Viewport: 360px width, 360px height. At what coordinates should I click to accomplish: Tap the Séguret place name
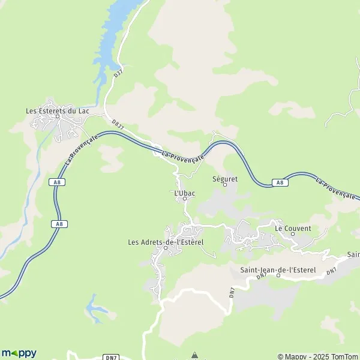tap(225, 178)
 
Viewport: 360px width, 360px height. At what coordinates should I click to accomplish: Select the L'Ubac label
tap(184, 193)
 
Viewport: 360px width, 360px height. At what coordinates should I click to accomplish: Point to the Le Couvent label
tap(293, 229)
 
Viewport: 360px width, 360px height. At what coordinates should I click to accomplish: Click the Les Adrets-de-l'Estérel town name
tap(166, 242)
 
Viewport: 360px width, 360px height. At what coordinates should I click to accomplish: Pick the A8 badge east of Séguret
tap(279, 182)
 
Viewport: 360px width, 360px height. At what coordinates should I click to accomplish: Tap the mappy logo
tap(19, 353)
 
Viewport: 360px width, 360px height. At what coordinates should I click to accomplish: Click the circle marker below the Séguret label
tap(225, 185)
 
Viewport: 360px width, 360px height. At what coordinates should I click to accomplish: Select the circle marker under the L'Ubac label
tap(184, 199)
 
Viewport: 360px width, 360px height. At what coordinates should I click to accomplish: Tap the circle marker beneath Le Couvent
tap(293, 235)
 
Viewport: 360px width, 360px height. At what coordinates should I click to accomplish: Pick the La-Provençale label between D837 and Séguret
tap(184, 155)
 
